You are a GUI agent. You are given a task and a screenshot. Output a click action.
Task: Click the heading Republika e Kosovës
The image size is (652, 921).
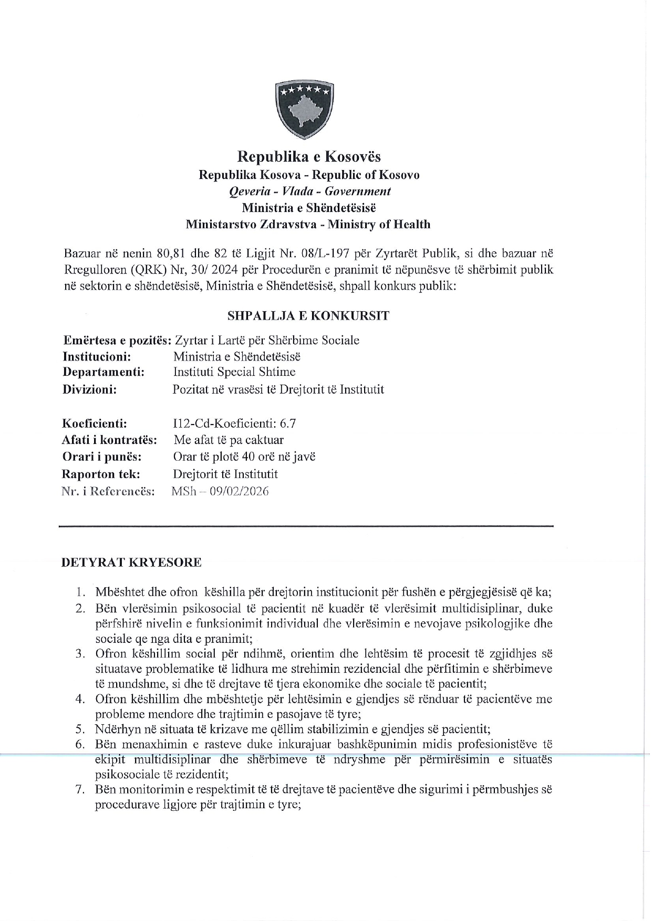point(308,156)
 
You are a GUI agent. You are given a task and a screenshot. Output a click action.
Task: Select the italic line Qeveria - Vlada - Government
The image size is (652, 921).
point(308,191)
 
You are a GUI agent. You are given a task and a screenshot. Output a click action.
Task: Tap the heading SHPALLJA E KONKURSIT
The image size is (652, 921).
point(308,316)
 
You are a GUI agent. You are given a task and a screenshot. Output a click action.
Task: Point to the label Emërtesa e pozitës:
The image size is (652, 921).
point(116,340)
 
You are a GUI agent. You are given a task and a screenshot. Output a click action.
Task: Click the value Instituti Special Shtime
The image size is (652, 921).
point(234,372)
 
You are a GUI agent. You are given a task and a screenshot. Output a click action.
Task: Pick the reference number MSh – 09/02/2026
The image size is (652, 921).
point(220,492)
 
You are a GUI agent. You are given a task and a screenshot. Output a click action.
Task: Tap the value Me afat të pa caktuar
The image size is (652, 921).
point(229,440)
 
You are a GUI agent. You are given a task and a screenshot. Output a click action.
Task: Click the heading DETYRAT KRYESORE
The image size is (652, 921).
point(131,563)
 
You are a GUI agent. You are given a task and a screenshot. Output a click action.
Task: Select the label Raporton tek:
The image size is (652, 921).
point(101,474)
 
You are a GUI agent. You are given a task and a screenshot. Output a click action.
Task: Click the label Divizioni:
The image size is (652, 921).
point(89,389)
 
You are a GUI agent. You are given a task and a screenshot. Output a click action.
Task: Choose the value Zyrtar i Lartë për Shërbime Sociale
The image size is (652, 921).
point(267,340)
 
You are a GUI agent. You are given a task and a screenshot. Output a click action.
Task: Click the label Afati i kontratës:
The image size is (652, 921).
point(110,440)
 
